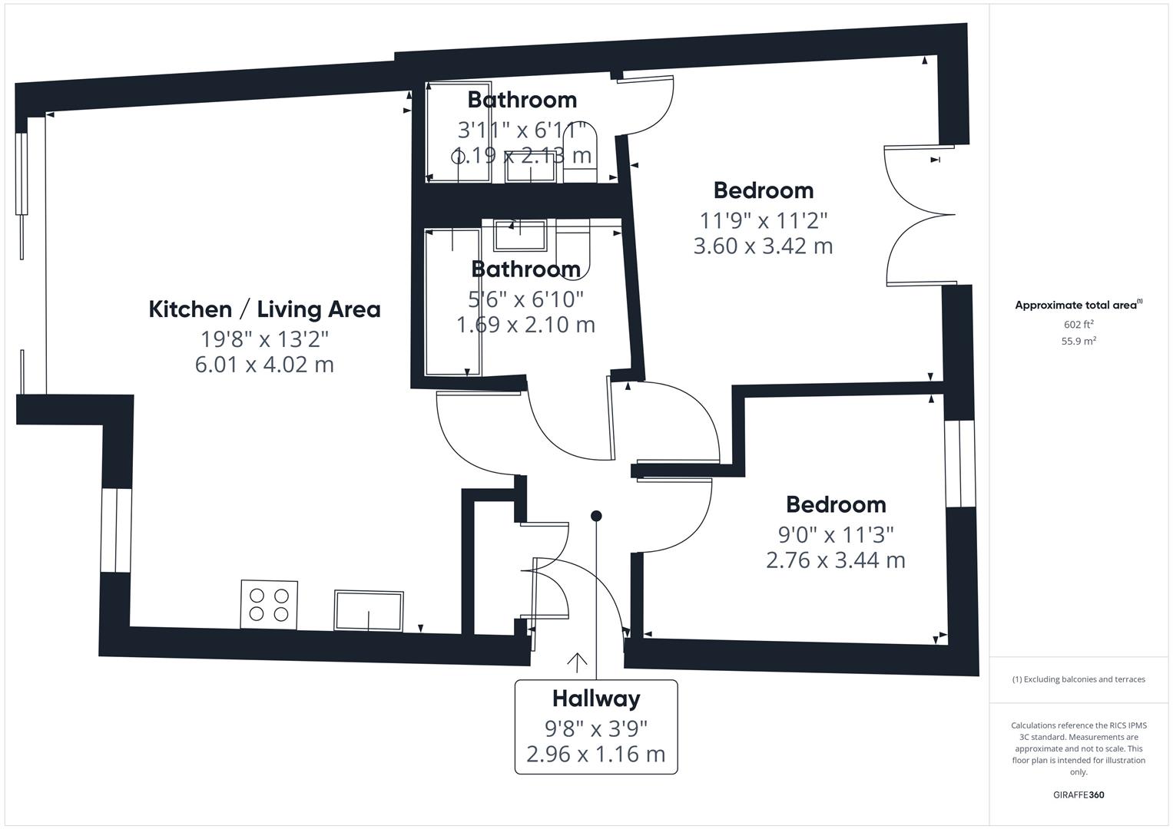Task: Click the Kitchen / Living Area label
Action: (x=264, y=309)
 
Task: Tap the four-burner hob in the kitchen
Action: (x=269, y=604)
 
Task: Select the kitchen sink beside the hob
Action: (x=369, y=611)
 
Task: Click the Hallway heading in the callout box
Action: (x=595, y=699)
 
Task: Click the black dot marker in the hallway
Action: (x=596, y=516)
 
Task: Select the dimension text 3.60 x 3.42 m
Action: (x=763, y=246)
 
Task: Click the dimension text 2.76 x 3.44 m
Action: (x=835, y=560)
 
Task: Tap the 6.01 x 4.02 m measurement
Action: (x=264, y=364)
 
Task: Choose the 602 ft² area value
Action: (x=1079, y=325)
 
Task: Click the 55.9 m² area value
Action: (x=1079, y=342)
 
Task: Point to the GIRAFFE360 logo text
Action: (x=1079, y=795)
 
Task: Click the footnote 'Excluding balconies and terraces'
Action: (x=1079, y=679)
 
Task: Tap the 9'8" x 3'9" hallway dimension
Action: (x=595, y=727)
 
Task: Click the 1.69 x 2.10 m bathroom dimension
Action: (x=525, y=325)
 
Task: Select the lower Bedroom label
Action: (x=836, y=504)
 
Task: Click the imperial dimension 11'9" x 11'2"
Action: (x=763, y=220)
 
